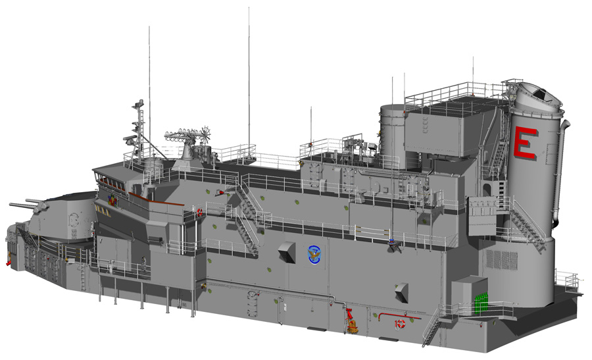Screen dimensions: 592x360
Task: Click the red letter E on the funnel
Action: (525, 143)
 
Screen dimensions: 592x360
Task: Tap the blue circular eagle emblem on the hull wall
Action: (313, 255)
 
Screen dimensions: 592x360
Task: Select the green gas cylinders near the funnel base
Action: (481, 303)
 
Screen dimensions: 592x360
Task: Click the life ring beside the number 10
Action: (401, 324)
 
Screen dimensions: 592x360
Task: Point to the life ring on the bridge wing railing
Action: (199, 213)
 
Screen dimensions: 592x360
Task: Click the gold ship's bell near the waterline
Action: (353, 326)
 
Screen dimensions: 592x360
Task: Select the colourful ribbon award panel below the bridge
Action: (112, 200)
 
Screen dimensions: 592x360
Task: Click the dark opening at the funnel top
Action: (542, 95)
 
